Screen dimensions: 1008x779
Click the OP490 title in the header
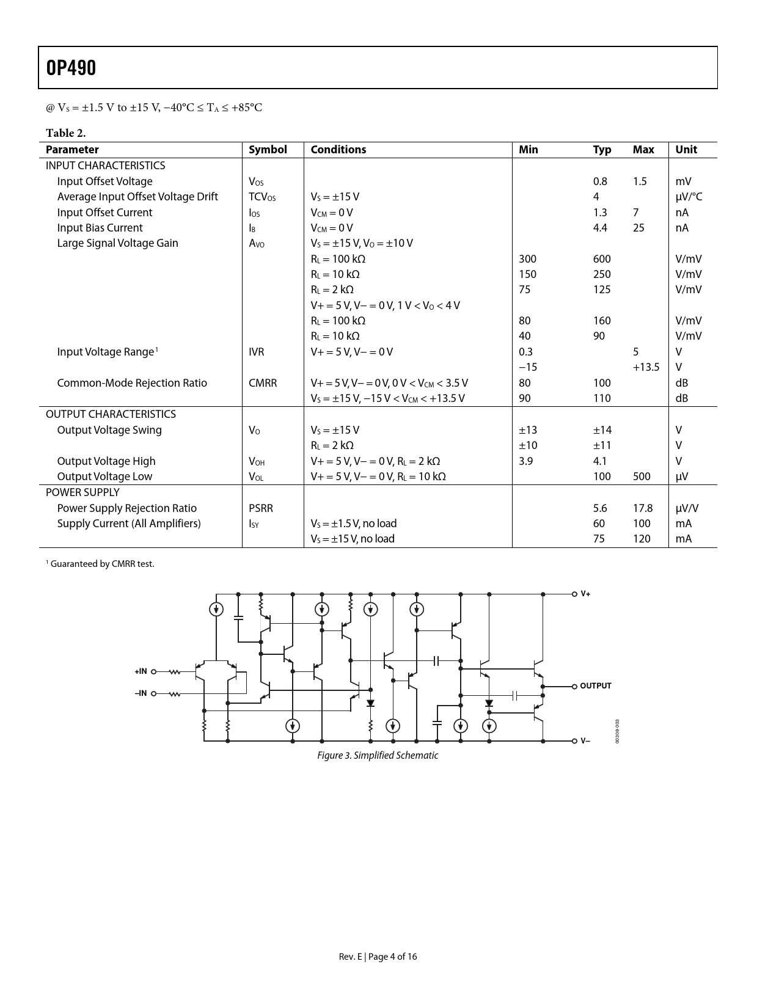click(x=71, y=68)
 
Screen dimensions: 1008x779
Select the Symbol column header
click(x=268, y=150)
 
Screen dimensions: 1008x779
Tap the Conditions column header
click(x=338, y=150)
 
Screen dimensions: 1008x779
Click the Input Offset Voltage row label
click(x=104, y=181)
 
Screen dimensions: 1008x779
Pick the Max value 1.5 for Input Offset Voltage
click(x=640, y=181)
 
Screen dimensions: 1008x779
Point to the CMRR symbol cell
click(x=263, y=383)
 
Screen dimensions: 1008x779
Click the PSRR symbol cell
click(x=261, y=508)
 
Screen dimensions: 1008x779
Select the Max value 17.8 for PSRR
click(x=643, y=508)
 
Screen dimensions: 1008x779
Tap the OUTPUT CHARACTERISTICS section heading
click(x=111, y=414)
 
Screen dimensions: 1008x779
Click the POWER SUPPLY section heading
click(x=82, y=492)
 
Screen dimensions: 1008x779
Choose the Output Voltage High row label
click(x=106, y=461)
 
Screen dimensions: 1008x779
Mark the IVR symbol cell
click(x=257, y=352)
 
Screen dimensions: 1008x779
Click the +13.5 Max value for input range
click(x=646, y=367)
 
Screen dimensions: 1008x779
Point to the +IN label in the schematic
click(x=141, y=671)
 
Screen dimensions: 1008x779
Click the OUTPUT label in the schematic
click(x=595, y=686)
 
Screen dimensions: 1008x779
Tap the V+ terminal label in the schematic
click(x=585, y=594)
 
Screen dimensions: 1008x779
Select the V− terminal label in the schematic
click(x=585, y=741)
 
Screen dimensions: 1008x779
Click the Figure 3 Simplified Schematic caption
click(x=378, y=756)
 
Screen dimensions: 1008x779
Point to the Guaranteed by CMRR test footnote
click(x=101, y=564)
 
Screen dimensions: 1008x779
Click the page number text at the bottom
click(x=378, y=957)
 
